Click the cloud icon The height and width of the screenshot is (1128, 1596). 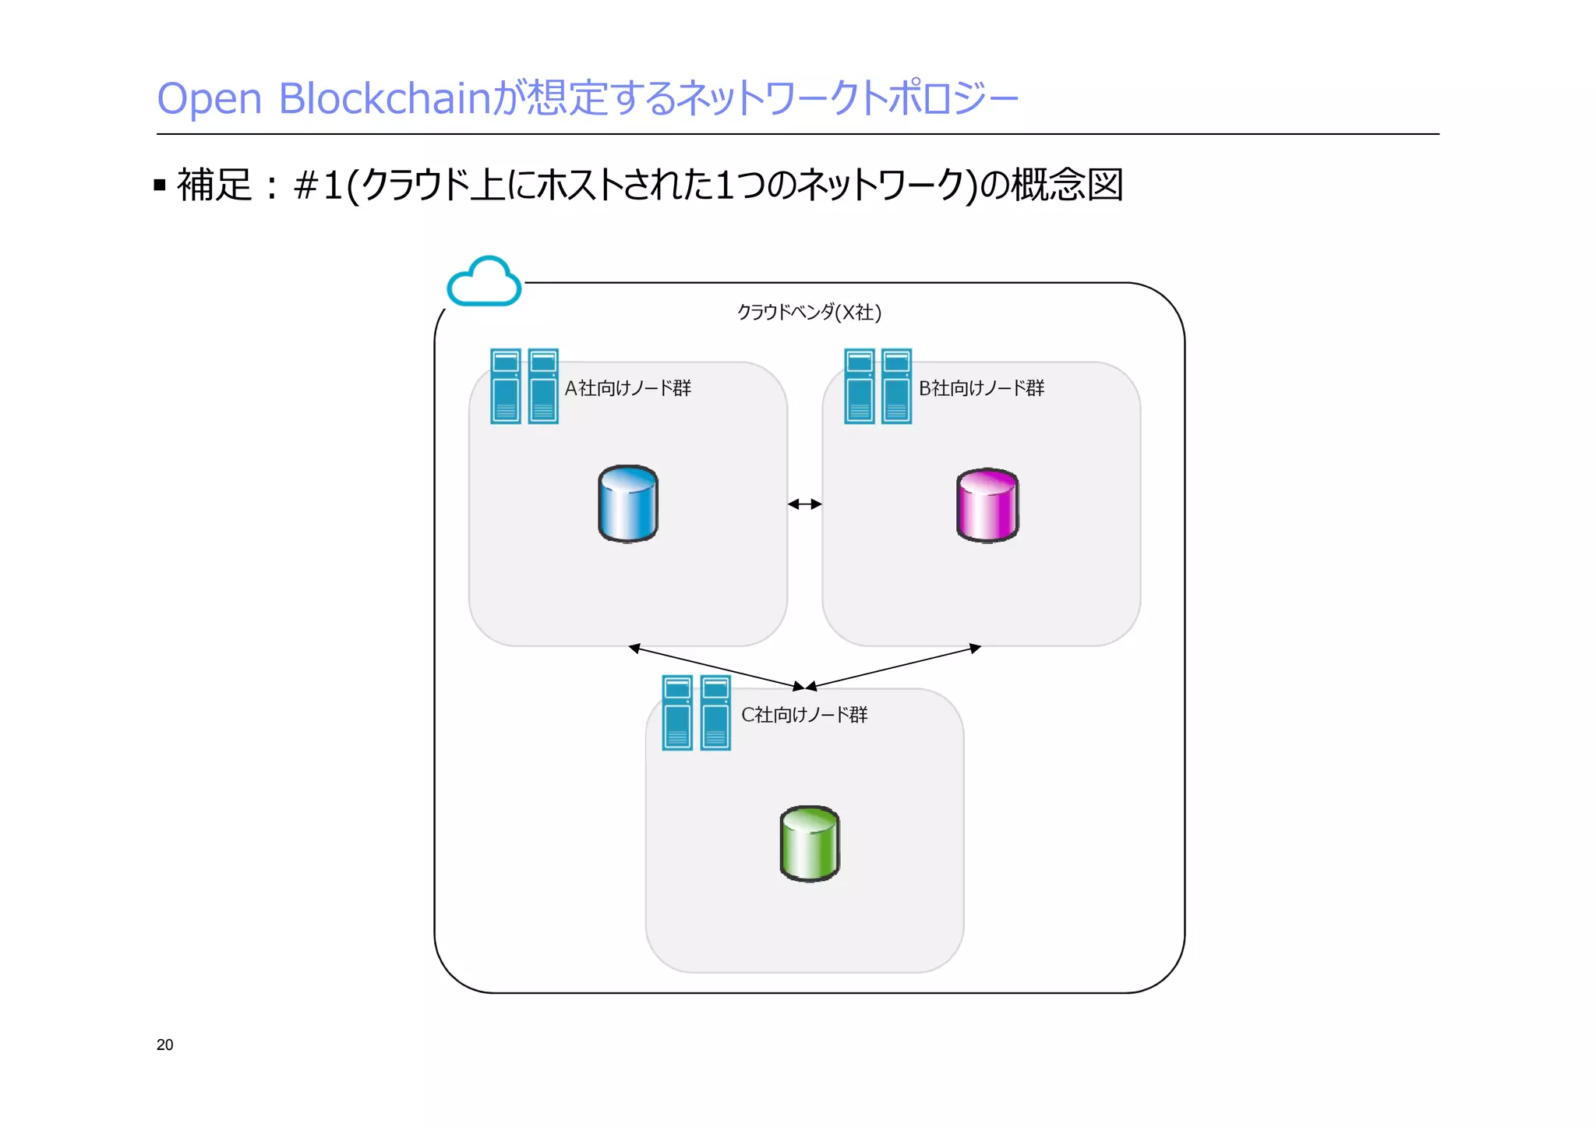484,282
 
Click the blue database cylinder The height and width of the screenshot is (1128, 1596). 628,504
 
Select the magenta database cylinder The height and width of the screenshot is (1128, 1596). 987,505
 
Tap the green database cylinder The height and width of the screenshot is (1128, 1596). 810,843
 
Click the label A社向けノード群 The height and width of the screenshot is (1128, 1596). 627,388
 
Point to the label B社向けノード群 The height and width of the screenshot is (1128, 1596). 981,388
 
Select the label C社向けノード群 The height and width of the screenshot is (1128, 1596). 803,714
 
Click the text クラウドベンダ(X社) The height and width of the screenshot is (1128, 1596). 809,313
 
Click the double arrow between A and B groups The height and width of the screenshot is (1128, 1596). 805,504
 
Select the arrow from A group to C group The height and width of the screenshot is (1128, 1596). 716,667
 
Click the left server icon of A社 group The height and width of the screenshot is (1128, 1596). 506,387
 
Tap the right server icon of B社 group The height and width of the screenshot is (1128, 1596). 896,387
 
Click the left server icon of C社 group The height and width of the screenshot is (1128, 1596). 677,713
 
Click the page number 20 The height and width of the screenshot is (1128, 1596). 165,1045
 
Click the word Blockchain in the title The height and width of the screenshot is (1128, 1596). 386,99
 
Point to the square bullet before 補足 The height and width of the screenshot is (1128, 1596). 160,186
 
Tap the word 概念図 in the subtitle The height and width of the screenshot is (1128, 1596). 1066,186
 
